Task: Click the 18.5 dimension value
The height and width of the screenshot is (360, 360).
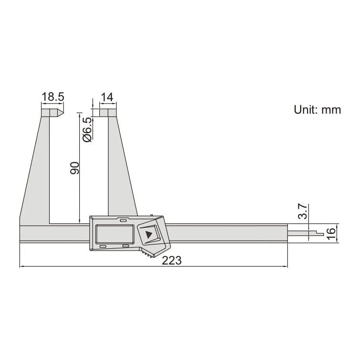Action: [53, 97]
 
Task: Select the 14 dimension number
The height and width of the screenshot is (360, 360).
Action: [107, 97]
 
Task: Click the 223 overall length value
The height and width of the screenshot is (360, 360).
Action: [172, 260]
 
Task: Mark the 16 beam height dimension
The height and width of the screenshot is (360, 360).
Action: [330, 233]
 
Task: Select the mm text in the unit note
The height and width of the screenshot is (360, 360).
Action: [331, 110]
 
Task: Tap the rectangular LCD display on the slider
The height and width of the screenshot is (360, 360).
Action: [114, 233]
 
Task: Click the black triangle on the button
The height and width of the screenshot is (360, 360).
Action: [149, 234]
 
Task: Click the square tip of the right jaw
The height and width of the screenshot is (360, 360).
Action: [107, 113]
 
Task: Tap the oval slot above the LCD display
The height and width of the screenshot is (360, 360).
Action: [123, 221]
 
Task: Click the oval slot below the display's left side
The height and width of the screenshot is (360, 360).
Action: [103, 247]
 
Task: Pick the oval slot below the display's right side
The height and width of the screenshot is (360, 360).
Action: [126, 247]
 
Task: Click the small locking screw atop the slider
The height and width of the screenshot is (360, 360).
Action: [151, 215]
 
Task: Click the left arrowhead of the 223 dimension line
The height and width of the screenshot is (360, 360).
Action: [21, 266]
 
